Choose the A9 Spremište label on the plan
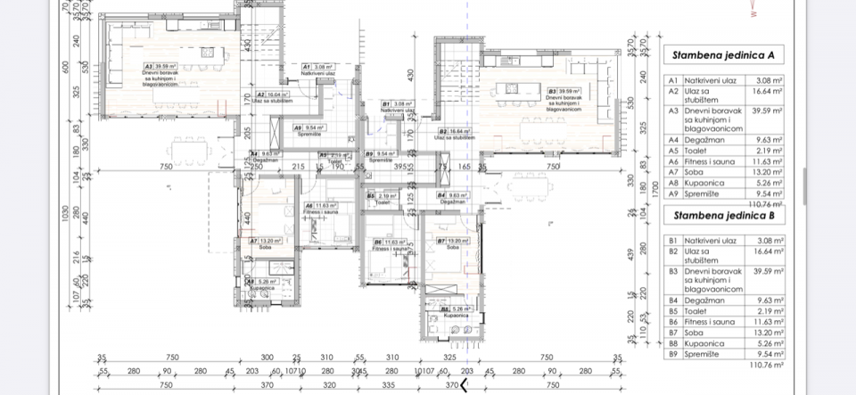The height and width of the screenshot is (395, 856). pos(310,129)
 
